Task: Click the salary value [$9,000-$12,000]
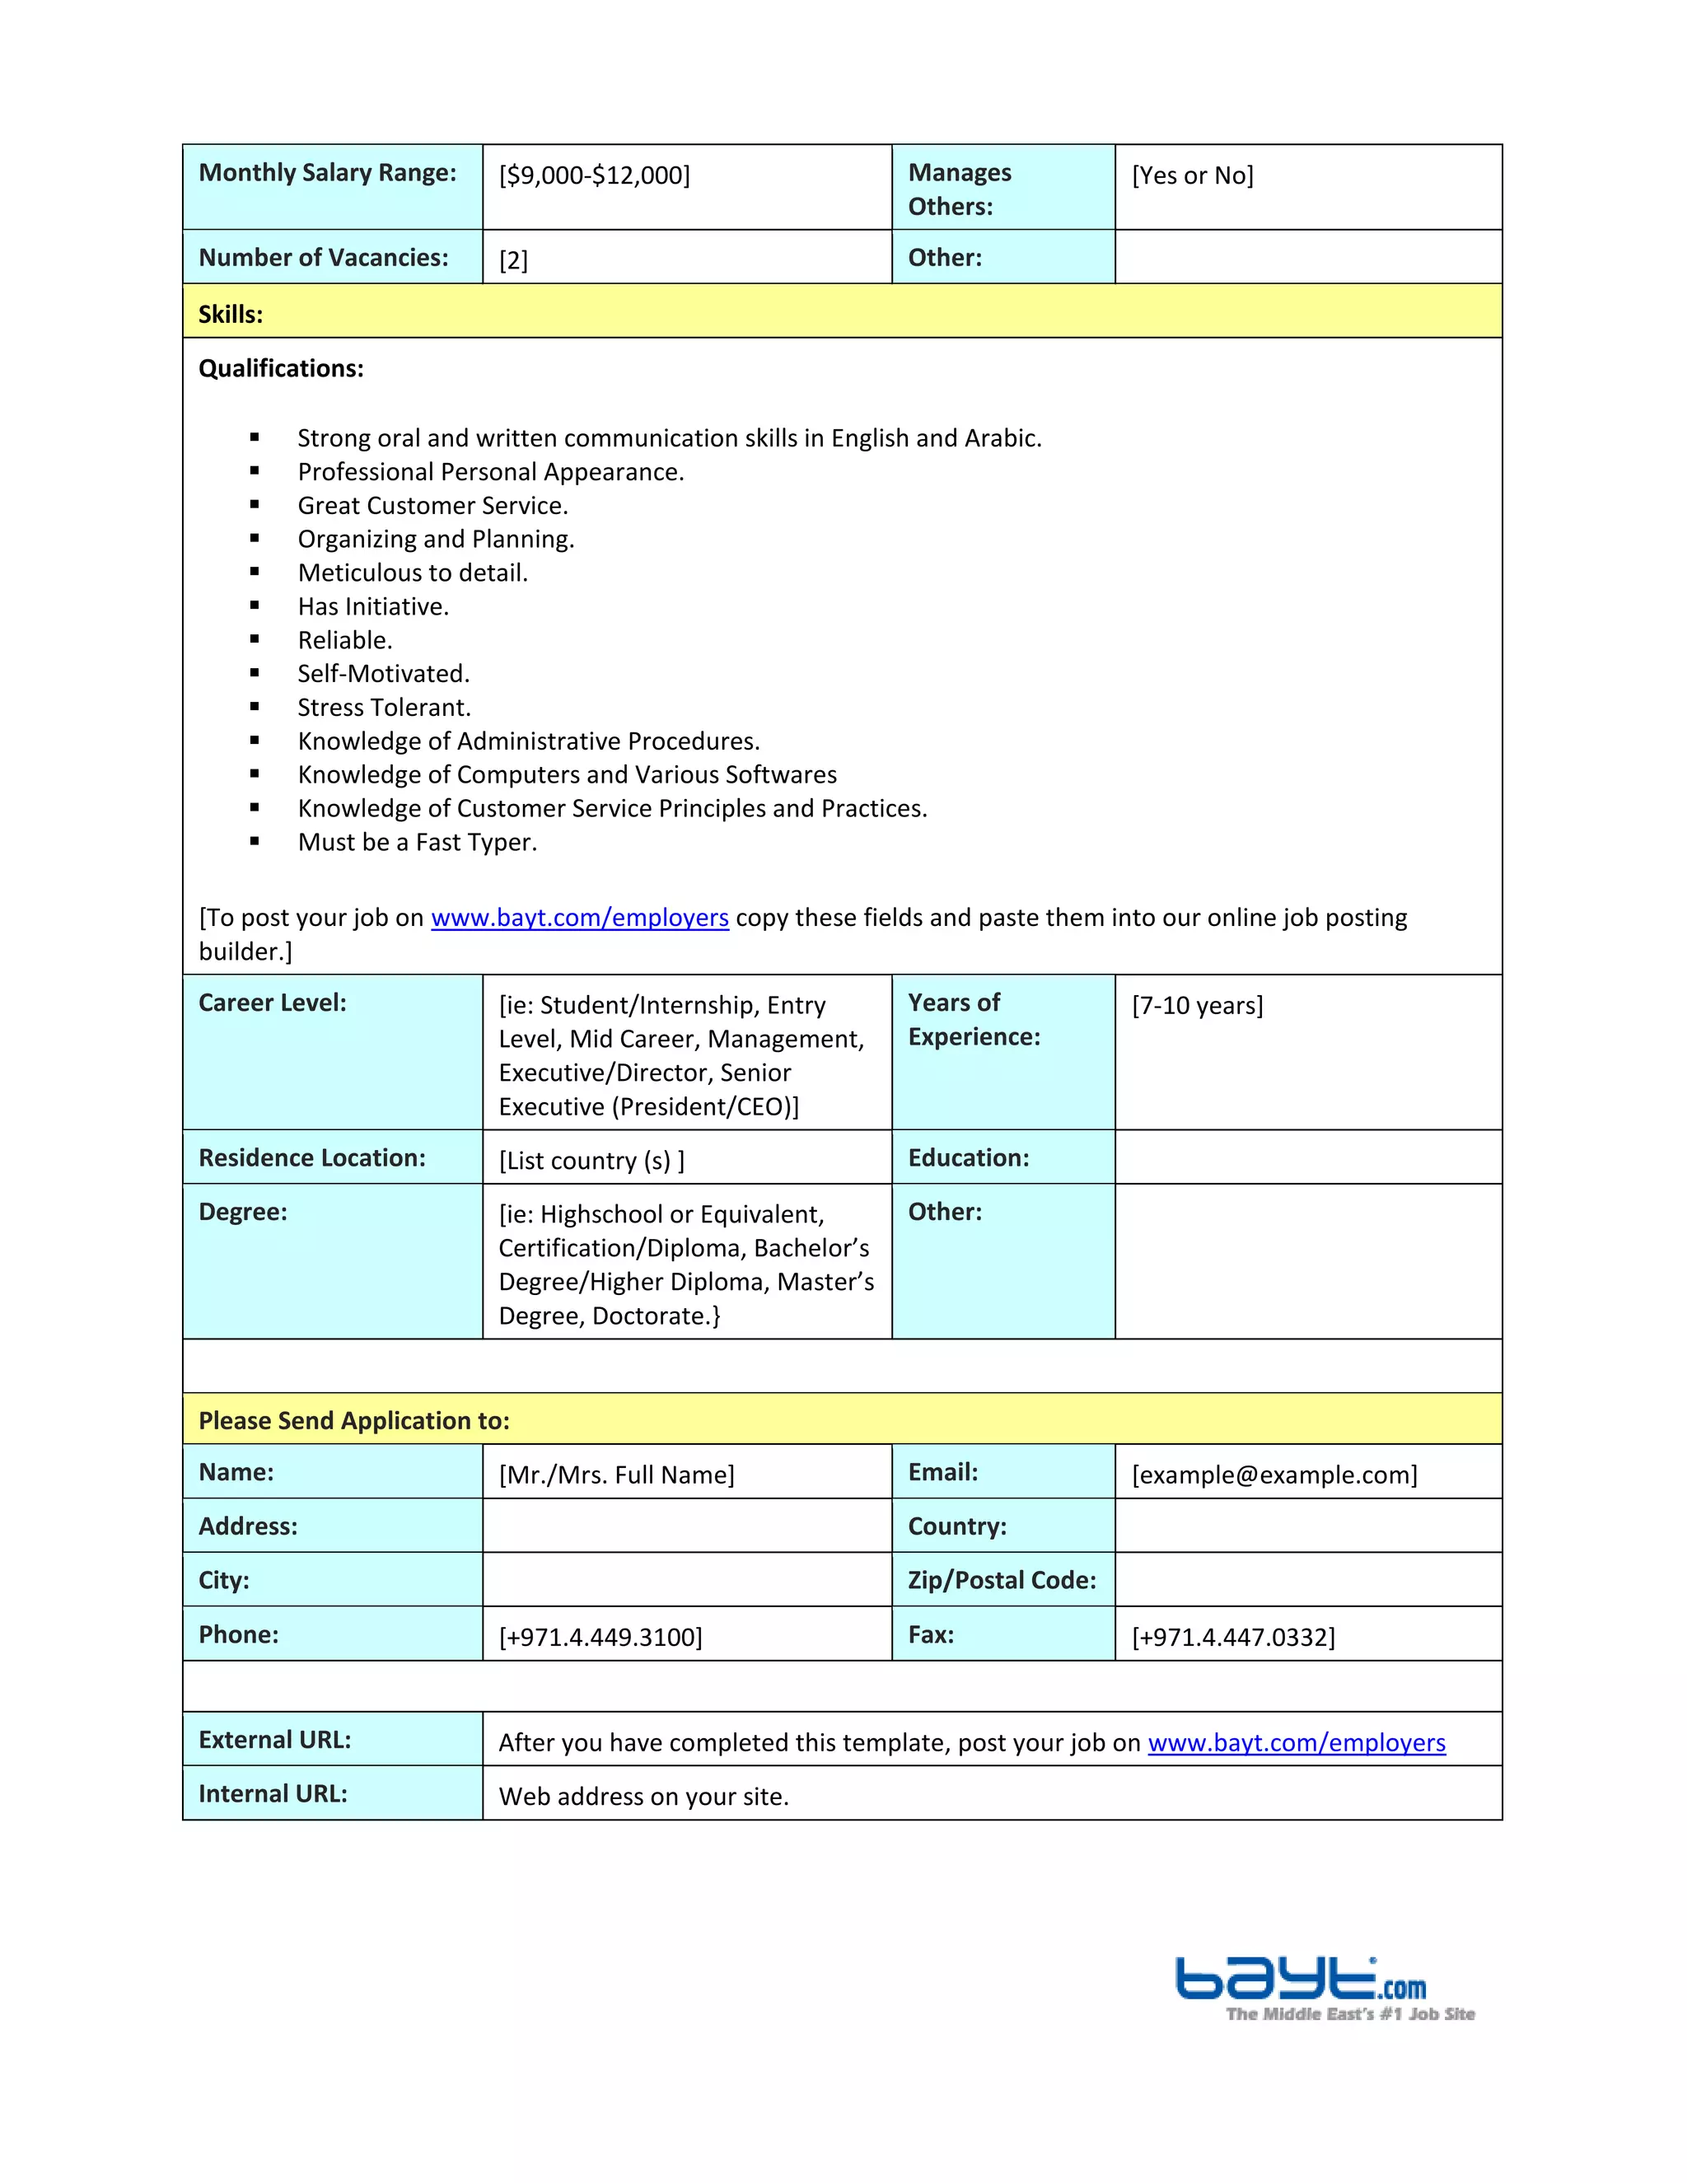(x=595, y=176)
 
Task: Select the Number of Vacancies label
(x=323, y=258)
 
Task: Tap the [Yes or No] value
(x=1192, y=176)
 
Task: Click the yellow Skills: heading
(x=231, y=315)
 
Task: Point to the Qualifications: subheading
(x=281, y=369)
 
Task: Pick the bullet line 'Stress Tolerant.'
(x=384, y=708)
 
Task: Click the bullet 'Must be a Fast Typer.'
(x=417, y=843)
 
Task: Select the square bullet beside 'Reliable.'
(x=255, y=640)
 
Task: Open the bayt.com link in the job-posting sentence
(x=580, y=918)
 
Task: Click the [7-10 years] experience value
(x=1197, y=1006)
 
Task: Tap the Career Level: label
(x=273, y=1003)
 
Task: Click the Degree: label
(x=243, y=1213)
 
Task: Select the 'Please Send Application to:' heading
(x=353, y=1420)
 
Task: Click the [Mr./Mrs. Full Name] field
(x=617, y=1475)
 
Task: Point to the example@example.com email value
(x=1274, y=1475)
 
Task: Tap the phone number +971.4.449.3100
(x=600, y=1638)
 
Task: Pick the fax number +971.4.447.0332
(x=1233, y=1638)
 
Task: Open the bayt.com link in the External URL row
(x=1297, y=1743)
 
